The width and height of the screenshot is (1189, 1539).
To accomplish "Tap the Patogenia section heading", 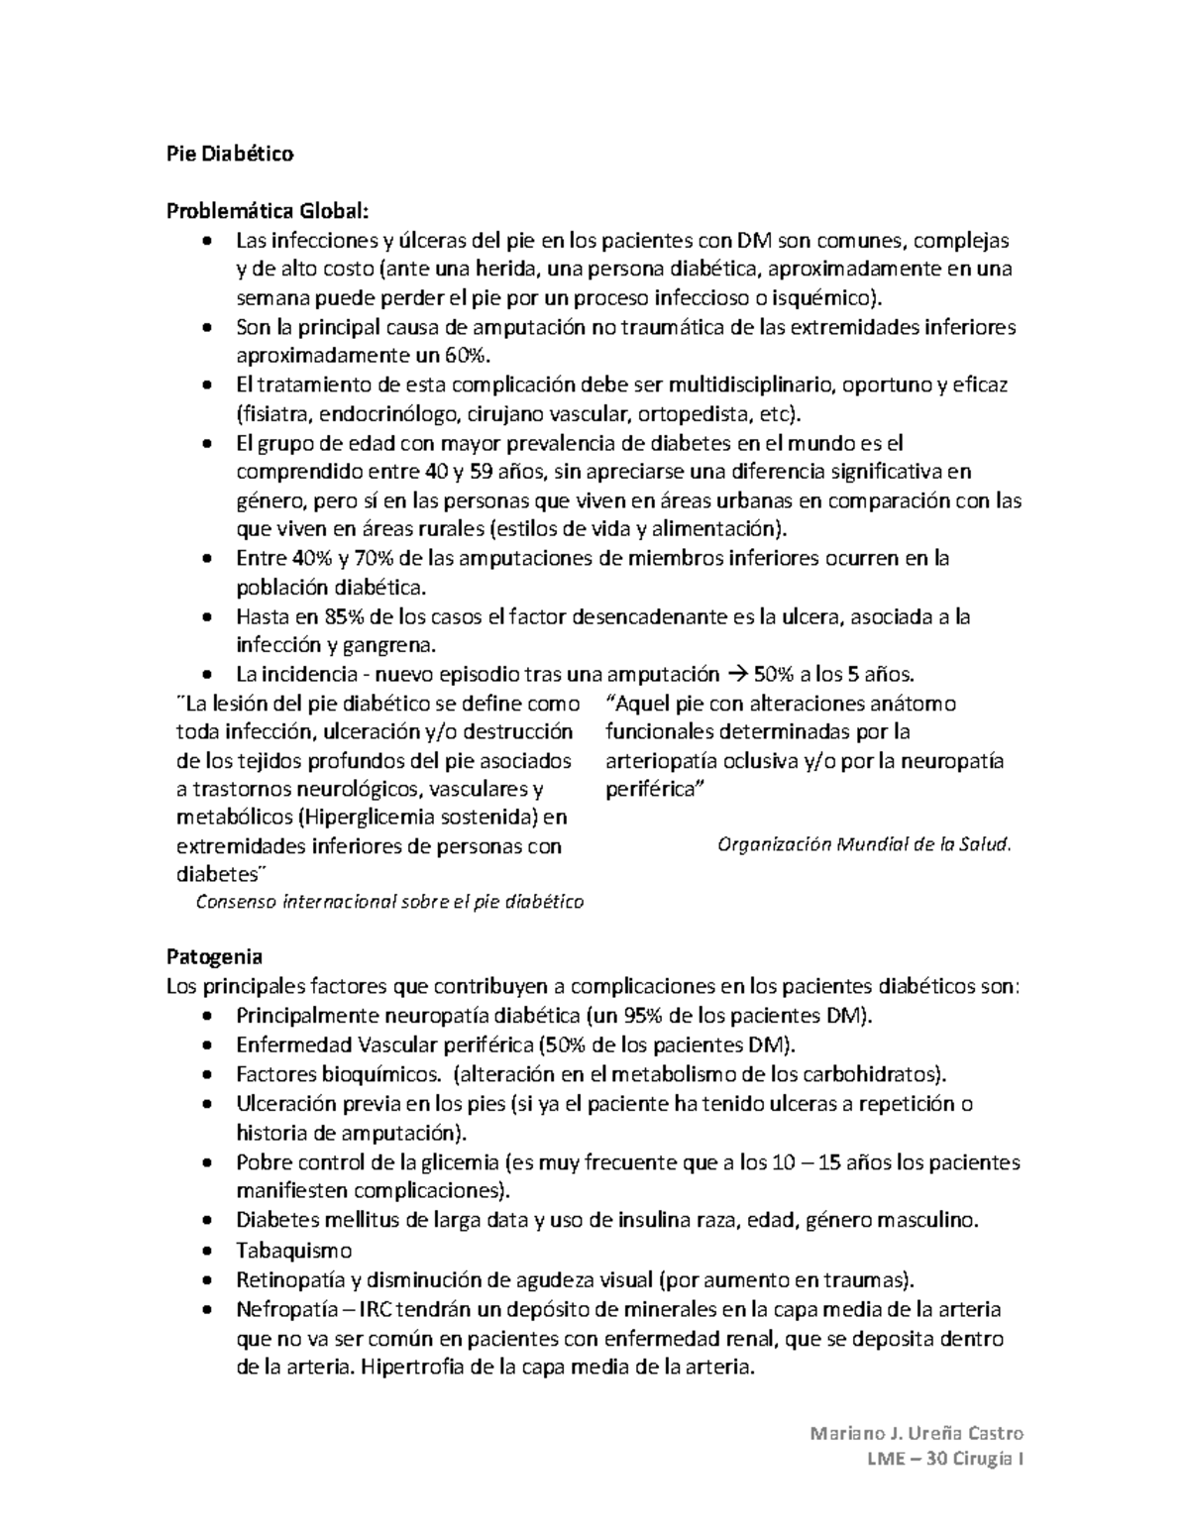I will tap(214, 957).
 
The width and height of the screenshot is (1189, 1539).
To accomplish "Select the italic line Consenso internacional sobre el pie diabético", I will tap(389, 902).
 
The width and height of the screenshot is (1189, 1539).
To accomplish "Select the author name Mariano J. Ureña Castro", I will tap(917, 1433).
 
